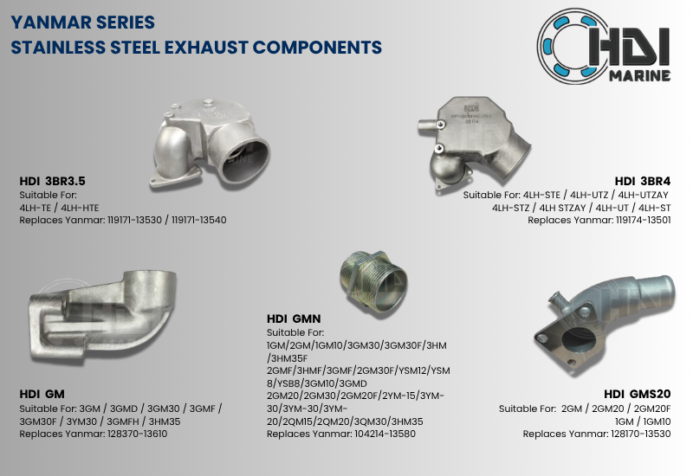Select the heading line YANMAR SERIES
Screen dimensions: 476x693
coord(83,20)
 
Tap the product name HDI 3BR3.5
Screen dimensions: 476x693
coord(52,182)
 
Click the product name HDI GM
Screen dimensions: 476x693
coord(42,394)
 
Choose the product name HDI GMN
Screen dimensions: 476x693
coord(294,318)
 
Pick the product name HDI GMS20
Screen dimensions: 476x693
coord(637,394)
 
